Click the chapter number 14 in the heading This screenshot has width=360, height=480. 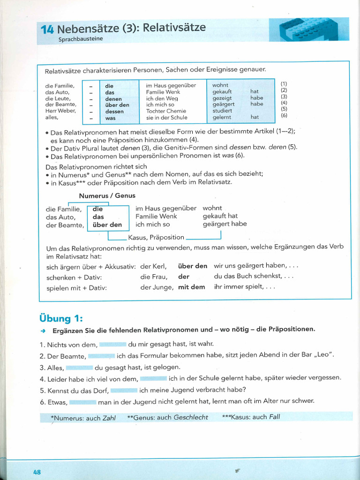pos(47,30)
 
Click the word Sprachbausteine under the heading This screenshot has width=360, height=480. pos(81,39)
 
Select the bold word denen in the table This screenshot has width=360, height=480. pos(113,99)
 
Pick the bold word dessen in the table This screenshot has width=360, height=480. pos(114,112)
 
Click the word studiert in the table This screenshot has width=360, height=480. pos(222,111)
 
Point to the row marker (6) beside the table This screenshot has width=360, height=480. pos(284,115)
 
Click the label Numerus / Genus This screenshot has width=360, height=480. pos(107,195)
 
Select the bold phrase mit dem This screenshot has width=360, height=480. pos(191,287)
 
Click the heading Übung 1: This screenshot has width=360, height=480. pos(61,319)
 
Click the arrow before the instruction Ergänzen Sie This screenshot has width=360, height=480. pos(43,330)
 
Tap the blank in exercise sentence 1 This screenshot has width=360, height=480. pos(112,345)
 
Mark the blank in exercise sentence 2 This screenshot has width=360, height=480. pos(101,356)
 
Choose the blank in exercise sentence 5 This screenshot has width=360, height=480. pos(124,390)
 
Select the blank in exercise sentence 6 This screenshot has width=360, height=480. pos(83,401)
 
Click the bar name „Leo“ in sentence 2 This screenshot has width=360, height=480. pos(323,355)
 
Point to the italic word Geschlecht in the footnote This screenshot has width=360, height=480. pos(191,417)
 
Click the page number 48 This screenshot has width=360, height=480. pos(37,472)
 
